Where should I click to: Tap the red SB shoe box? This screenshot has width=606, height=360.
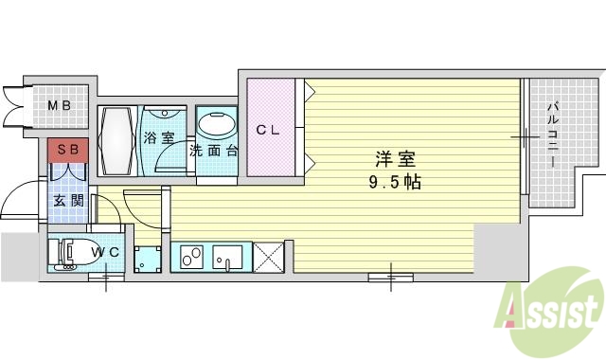pos(67,150)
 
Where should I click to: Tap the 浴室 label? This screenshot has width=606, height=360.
pos(158,138)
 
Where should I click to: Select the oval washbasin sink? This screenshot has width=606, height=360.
pos(218,126)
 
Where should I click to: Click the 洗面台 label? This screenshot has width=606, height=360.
pos(214,151)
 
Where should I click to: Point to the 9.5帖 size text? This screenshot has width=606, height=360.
pos(395,182)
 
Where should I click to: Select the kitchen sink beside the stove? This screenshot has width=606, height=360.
pos(230,256)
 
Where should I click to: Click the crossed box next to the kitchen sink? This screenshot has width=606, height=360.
pos(269,256)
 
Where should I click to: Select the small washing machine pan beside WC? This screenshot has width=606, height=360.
pos(147,258)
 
